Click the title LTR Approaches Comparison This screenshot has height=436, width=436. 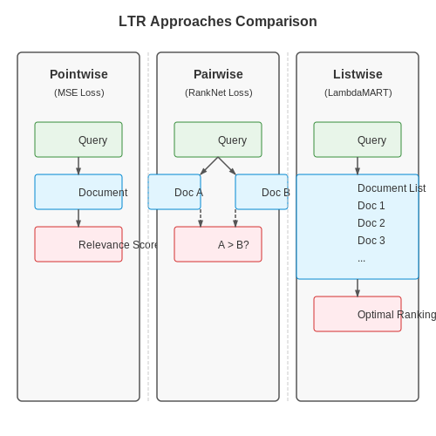(218, 21)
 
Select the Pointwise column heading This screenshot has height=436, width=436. (78, 74)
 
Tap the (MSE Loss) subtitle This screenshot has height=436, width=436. (79, 92)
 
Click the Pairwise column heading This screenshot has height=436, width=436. (218, 74)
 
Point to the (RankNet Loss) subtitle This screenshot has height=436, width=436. (219, 92)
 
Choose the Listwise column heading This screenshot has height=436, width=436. (358, 74)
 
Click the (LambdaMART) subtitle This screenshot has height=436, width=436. (358, 92)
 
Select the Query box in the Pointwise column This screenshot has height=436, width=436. (78, 140)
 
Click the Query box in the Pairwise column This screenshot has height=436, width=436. (218, 140)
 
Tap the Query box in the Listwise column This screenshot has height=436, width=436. (358, 140)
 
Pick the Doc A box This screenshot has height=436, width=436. (174, 192)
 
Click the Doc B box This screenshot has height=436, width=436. (262, 192)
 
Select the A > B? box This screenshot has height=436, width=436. (218, 244)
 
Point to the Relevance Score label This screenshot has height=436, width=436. (118, 245)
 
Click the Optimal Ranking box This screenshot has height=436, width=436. (358, 314)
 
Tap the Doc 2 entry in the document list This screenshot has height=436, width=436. (371, 223)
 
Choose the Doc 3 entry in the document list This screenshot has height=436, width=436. (371, 241)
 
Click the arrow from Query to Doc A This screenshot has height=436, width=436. (209, 166)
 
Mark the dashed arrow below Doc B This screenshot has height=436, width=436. (235, 218)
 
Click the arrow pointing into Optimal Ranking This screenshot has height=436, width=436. (358, 288)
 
